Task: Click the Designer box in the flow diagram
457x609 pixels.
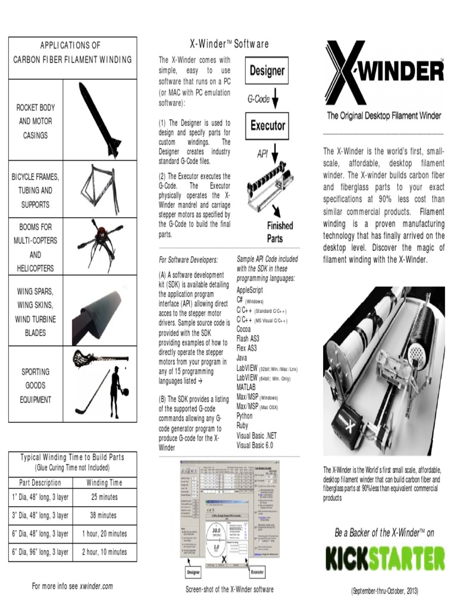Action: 267,71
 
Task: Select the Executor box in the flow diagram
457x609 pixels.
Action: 267,125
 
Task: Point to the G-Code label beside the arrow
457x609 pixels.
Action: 259,99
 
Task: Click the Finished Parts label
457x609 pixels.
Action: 280,232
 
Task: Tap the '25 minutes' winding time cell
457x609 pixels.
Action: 104,497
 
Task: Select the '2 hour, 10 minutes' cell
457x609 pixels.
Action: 104,552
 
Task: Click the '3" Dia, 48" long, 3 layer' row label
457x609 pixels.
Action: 40,516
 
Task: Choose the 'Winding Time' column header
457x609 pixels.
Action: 104,483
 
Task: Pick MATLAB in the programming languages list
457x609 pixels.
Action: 246,387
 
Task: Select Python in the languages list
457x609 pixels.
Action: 245,416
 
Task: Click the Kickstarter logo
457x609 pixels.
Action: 384,558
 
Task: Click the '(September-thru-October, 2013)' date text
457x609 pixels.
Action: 384,591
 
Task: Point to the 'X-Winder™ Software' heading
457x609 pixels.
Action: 228,44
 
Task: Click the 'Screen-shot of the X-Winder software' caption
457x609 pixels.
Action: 230,589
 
